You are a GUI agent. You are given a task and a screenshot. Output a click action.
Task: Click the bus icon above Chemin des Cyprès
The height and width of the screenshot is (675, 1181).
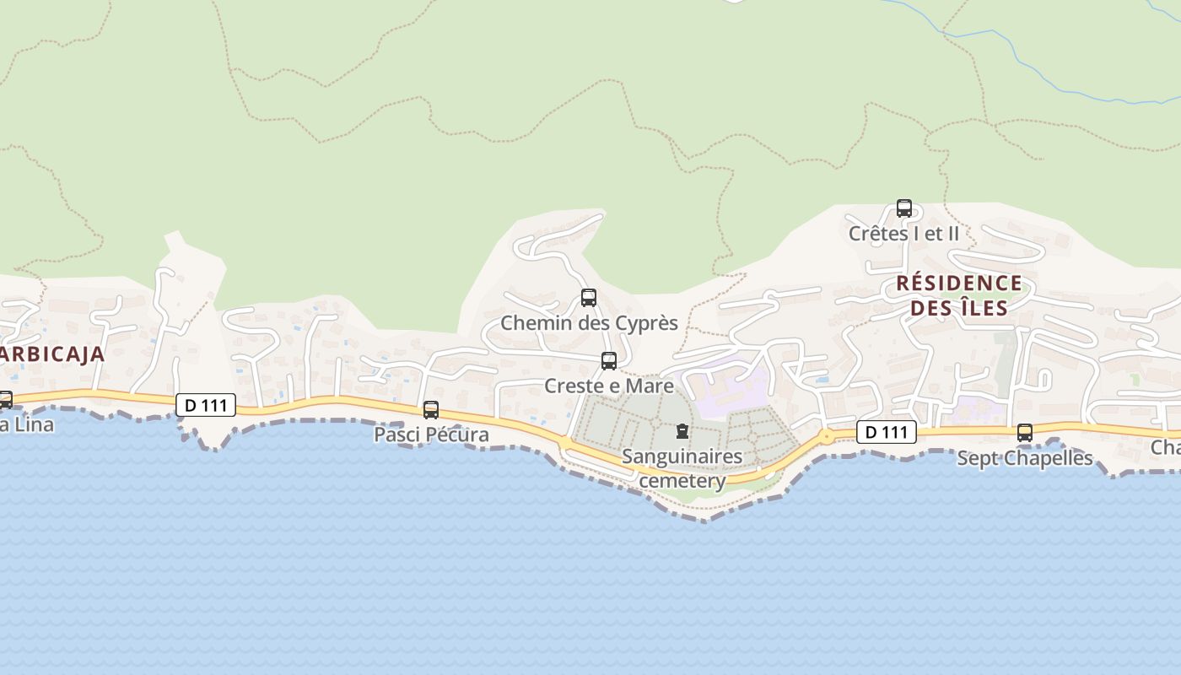point(589,298)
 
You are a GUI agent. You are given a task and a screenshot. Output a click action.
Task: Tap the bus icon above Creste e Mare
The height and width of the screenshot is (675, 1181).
point(609,361)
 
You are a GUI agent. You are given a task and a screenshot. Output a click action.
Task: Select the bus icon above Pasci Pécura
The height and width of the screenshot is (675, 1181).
point(431,410)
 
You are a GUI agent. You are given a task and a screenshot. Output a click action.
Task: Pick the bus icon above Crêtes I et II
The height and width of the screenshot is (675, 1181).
point(904,208)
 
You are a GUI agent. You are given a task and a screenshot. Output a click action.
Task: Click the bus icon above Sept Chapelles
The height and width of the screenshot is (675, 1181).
point(1025,433)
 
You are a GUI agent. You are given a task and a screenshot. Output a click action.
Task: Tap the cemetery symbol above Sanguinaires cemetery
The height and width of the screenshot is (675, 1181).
point(682,432)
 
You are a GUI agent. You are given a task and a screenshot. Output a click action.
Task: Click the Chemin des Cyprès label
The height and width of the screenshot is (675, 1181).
point(589,323)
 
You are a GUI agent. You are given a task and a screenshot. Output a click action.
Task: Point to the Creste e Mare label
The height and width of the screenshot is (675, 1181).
point(609,386)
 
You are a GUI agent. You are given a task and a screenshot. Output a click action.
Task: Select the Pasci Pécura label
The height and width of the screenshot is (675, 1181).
point(431,435)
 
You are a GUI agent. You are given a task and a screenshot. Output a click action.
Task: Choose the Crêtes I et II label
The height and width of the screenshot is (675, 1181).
point(904,234)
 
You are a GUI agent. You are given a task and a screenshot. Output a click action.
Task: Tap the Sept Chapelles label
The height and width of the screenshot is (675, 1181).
point(1025,459)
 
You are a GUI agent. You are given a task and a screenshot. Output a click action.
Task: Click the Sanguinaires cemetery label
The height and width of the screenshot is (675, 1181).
point(682,469)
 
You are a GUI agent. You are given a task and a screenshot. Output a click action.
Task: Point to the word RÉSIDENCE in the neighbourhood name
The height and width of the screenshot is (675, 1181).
point(959,283)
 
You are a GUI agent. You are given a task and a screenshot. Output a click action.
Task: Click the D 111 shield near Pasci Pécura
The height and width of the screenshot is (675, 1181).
point(206,406)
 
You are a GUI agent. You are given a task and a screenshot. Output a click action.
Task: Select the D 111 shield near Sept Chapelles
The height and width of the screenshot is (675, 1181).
point(887,433)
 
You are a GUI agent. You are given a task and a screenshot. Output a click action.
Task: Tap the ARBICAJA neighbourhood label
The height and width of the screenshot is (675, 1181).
point(51,354)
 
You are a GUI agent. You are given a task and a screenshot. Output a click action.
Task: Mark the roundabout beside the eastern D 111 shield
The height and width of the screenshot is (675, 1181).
point(827,436)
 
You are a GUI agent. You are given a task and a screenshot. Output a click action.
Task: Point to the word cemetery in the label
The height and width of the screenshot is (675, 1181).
point(682,482)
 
